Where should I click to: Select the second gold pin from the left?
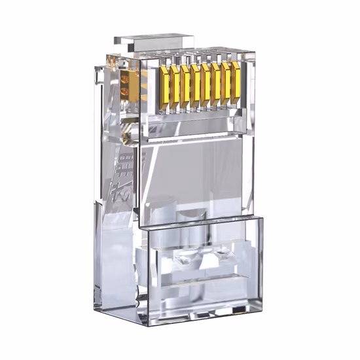click(176, 84)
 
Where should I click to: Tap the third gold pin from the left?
click(186, 84)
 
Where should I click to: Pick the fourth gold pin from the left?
click(196, 84)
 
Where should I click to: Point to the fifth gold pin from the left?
click(206, 84)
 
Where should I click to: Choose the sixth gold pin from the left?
click(216, 84)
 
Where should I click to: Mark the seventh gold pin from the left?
click(226, 84)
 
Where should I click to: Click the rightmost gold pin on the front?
click(236, 84)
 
